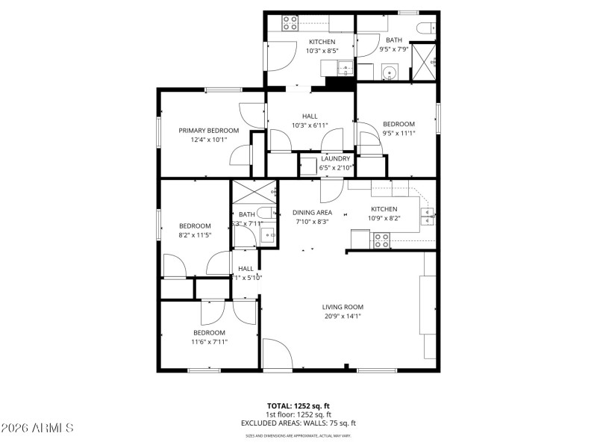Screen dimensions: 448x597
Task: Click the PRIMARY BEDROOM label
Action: (x=208, y=131)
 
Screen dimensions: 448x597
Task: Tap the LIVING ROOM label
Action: (x=343, y=307)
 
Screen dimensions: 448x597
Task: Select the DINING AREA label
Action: (x=312, y=212)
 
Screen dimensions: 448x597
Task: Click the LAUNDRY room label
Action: (x=336, y=158)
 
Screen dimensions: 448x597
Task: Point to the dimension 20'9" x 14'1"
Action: (x=343, y=316)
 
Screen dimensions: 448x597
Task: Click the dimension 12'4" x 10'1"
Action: (x=208, y=140)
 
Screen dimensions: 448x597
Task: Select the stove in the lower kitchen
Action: (x=381, y=240)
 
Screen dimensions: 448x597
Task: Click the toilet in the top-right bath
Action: (x=425, y=29)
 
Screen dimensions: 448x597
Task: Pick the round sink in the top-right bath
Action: (x=388, y=73)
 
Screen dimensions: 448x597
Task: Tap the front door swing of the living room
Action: (x=278, y=355)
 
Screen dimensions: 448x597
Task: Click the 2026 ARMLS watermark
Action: (x=37, y=428)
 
